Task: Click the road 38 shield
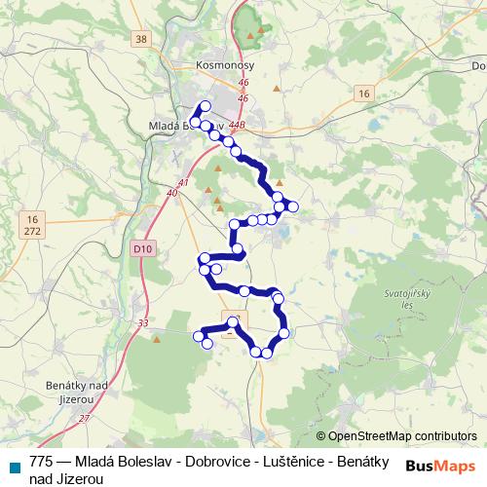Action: point(141,39)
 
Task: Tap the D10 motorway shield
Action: point(143,248)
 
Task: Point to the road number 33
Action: point(143,323)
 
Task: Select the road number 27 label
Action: point(84,418)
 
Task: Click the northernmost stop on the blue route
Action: point(205,106)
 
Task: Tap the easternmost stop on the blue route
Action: point(291,205)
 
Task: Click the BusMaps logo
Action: point(440,465)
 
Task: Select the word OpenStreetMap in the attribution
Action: point(370,436)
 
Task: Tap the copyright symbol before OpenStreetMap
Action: point(321,436)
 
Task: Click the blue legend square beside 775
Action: point(14,466)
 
